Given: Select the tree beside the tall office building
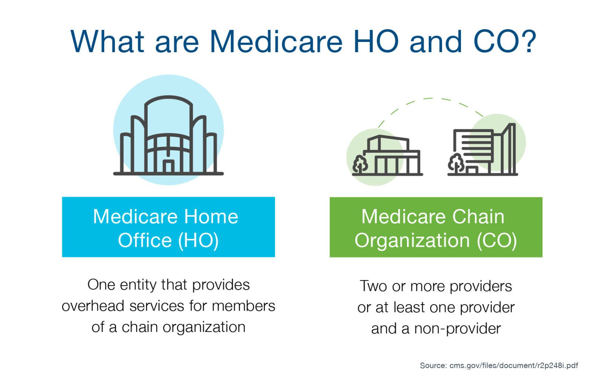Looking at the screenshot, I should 456,164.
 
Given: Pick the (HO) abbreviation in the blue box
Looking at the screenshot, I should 198,241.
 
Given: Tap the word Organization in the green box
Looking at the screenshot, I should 412,241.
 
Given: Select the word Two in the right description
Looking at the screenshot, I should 374,286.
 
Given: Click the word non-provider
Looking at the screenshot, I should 457,329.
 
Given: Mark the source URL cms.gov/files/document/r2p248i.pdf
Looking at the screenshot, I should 514,365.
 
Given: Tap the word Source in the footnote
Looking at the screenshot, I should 433,365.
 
